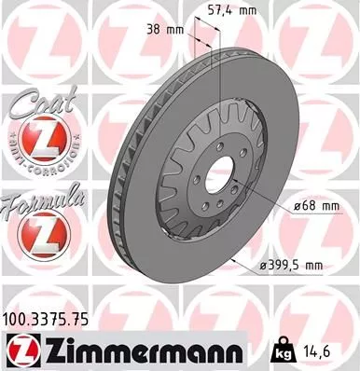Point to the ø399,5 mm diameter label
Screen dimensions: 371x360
290,266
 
